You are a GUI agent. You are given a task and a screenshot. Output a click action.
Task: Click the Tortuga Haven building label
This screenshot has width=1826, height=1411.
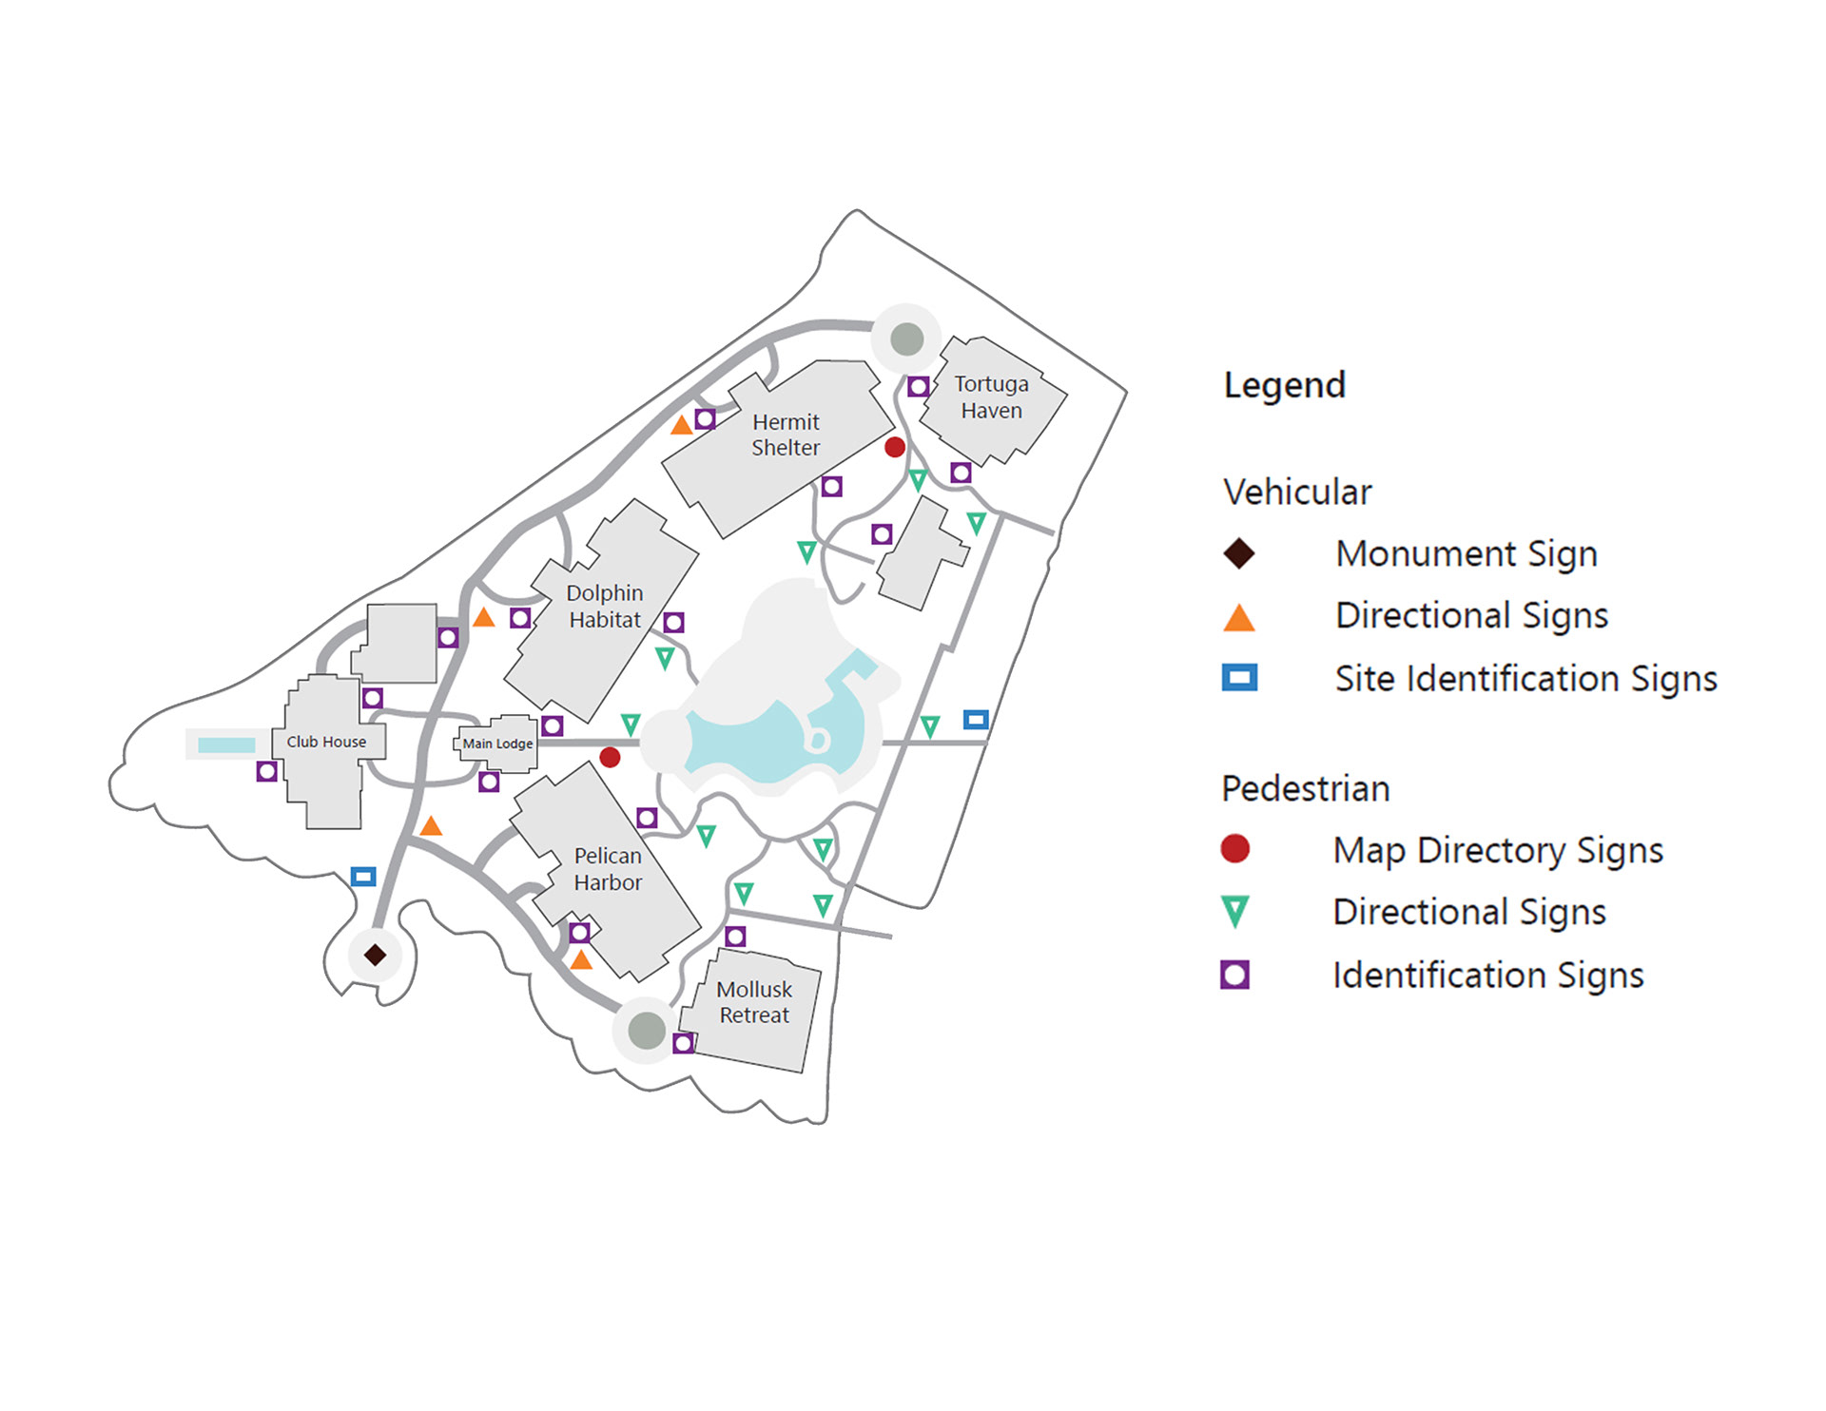[x=991, y=397]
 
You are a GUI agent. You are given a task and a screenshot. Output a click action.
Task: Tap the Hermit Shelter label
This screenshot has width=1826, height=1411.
[x=786, y=435]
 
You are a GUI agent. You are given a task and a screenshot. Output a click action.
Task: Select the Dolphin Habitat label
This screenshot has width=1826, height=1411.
[x=605, y=607]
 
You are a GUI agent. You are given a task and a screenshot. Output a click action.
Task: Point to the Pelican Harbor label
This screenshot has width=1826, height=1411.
[x=608, y=869]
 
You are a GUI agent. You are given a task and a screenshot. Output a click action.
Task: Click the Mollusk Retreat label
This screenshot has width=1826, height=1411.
[x=754, y=1002]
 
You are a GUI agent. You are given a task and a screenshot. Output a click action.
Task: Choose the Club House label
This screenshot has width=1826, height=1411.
[x=326, y=742]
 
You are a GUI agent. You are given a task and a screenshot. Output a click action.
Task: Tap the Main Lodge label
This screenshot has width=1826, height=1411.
[x=497, y=744]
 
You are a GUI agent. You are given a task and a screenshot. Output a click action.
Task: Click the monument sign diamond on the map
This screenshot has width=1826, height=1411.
[x=375, y=955]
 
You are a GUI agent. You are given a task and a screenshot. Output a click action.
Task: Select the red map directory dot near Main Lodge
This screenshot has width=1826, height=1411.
[x=611, y=757]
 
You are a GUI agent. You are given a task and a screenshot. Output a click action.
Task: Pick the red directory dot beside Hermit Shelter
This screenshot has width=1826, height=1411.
[x=895, y=447]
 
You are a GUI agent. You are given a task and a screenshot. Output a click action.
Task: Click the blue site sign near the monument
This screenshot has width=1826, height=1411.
[x=363, y=876]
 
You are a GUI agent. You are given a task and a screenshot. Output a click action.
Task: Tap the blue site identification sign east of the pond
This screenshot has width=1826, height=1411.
[x=976, y=720]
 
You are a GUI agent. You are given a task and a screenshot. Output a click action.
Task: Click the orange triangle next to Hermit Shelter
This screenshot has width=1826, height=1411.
[x=681, y=425]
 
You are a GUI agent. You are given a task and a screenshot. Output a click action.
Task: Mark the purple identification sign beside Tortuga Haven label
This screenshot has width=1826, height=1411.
[x=918, y=387]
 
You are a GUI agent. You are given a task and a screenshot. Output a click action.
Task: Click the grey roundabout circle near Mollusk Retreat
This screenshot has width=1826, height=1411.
[x=647, y=1030]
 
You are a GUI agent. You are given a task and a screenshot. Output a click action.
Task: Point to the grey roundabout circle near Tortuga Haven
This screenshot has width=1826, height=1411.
[x=907, y=338]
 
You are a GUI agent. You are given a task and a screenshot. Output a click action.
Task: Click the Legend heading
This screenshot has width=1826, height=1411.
[x=1284, y=385]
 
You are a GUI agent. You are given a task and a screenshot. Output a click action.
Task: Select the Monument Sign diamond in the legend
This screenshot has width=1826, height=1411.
[x=1238, y=553]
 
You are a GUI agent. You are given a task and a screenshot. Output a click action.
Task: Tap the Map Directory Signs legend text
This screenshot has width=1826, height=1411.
[x=1498, y=850]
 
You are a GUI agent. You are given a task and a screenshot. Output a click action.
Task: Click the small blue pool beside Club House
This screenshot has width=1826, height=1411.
[x=226, y=745]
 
